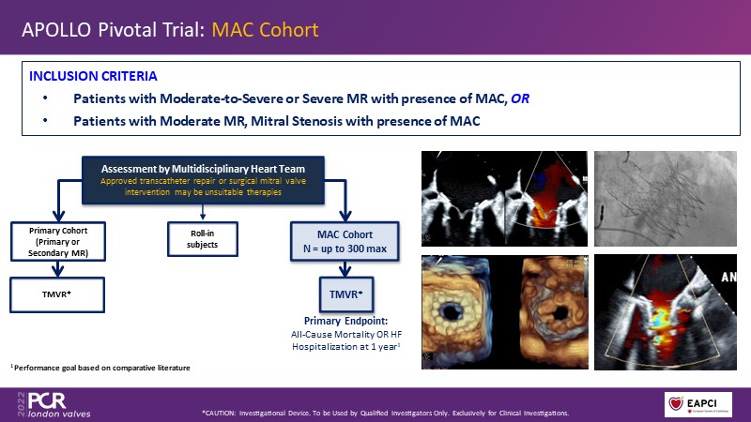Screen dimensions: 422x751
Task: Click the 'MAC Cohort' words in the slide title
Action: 264,30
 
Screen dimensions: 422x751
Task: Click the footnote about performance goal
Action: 100,368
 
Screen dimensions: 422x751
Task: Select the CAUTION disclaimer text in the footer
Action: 385,413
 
